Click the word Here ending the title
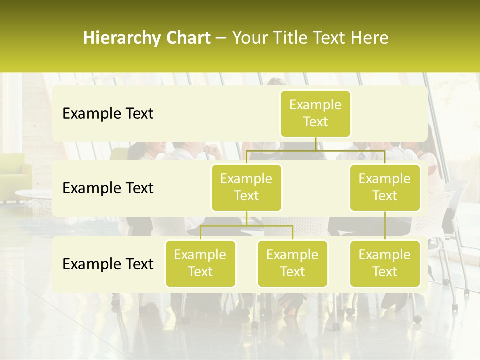(370, 38)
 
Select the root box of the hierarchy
(315, 114)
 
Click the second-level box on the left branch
(246, 188)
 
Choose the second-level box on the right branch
(385, 188)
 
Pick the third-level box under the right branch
(385, 264)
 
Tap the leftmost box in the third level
(200, 264)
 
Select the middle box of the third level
(292, 264)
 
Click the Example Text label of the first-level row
(108, 114)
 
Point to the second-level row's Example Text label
(108, 188)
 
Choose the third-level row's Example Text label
(108, 264)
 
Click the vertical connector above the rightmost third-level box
(385, 226)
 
